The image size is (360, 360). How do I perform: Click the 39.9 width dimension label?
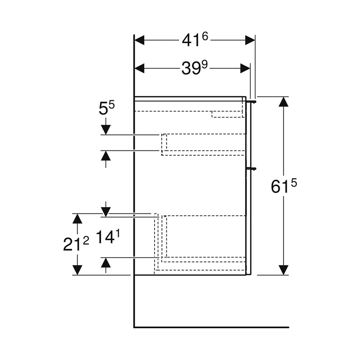[194, 68]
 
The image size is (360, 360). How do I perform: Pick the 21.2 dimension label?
[76, 244]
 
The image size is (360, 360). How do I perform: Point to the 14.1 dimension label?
[106, 237]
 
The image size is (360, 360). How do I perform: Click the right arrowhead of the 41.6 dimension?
[250, 40]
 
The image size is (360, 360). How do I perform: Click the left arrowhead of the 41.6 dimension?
[140, 40]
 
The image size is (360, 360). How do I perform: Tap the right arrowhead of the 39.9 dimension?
[245, 68]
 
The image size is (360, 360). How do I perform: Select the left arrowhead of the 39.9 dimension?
[140, 68]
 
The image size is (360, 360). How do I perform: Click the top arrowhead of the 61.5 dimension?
[283, 102]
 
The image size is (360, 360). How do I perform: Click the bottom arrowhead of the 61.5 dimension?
[283, 269]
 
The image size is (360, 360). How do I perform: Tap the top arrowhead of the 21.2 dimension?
[77, 219]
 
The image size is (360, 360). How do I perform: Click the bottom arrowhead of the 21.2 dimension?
[77, 269]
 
